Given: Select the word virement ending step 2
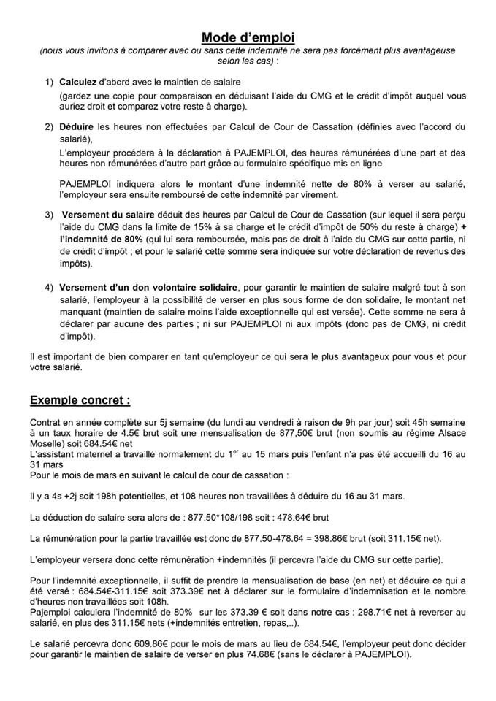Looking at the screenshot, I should (318, 195).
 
